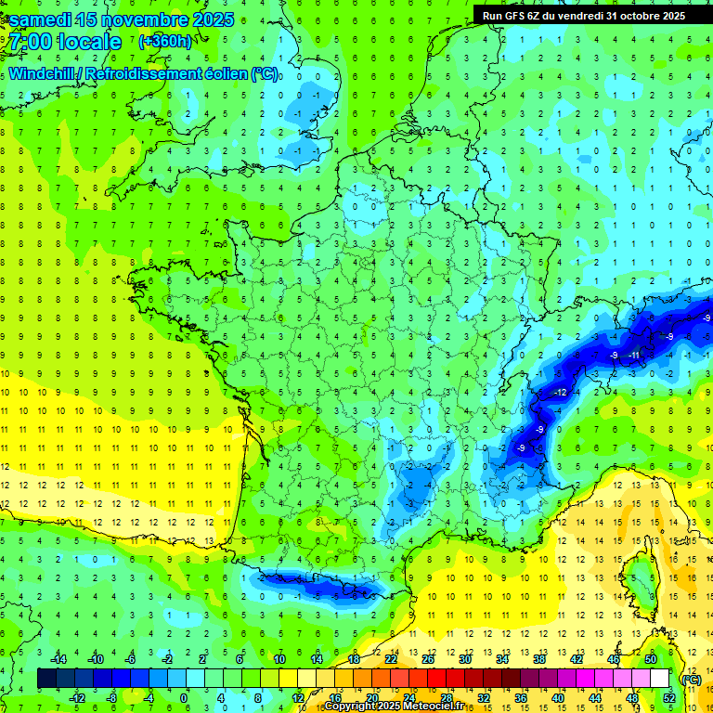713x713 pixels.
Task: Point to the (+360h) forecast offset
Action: (165, 42)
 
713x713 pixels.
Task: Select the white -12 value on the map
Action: (561, 394)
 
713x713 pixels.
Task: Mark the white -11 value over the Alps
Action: (635, 356)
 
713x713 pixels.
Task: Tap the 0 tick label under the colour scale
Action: (185, 698)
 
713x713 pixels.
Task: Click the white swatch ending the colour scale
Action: (659, 679)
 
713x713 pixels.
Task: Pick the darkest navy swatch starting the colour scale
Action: (46, 679)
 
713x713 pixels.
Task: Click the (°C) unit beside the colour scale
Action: (691, 680)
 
